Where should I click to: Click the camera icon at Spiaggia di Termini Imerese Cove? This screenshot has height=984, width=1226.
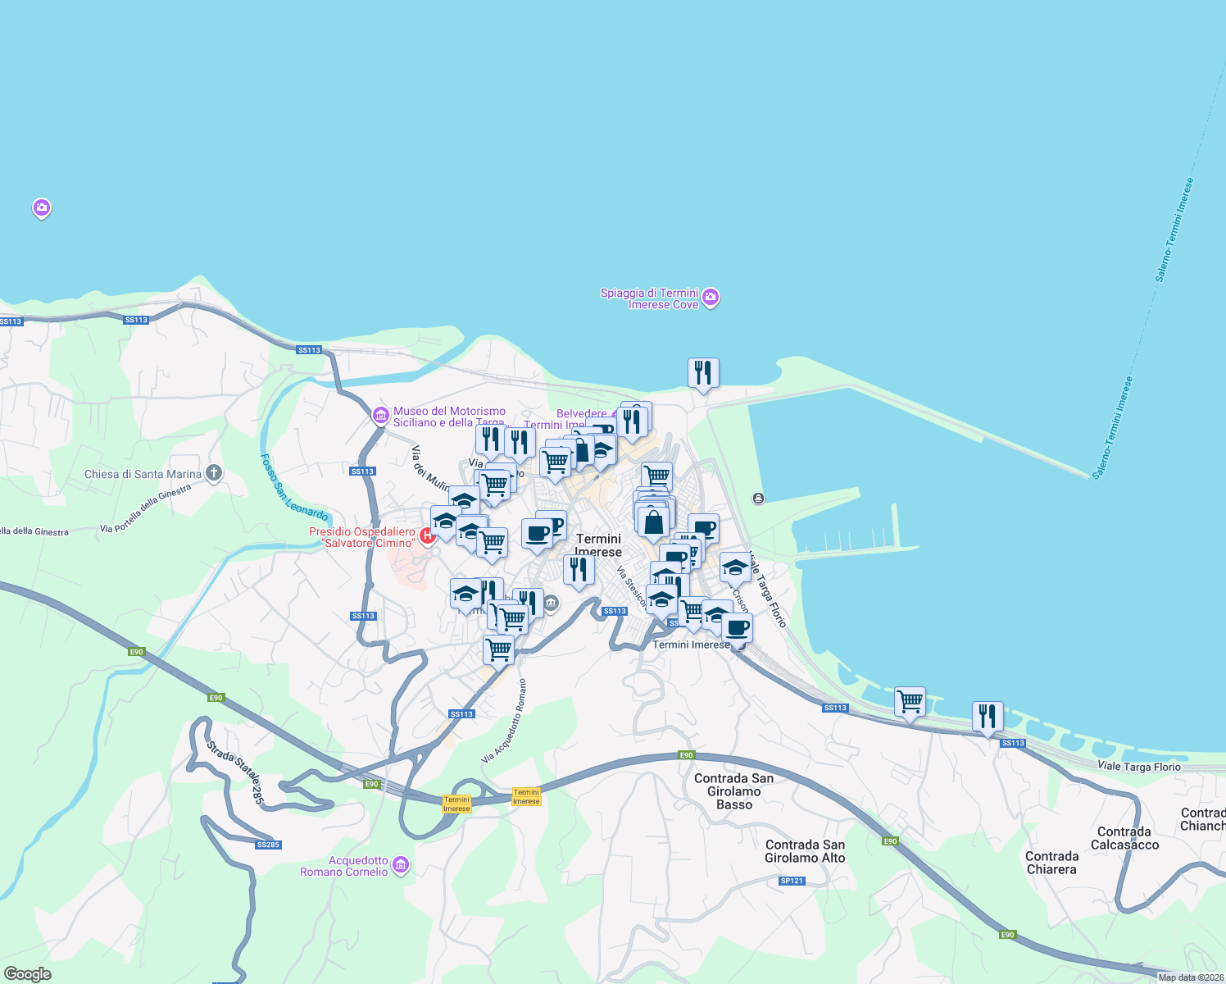[711, 298]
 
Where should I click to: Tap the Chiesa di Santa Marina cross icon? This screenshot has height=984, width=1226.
[214, 473]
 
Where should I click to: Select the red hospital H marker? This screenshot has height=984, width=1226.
[427, 536]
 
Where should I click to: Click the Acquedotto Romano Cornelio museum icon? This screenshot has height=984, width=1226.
[401, 865]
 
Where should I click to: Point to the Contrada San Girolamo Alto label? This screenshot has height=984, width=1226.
[805, 851]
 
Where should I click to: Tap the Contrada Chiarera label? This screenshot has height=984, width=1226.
[1051, 863]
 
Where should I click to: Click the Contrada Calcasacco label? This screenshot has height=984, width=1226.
[1124, 838]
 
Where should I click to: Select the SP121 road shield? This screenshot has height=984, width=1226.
[792, 881]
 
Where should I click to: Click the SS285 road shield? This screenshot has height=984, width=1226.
[268, 845]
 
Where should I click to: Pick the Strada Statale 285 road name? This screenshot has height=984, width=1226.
[236, 773]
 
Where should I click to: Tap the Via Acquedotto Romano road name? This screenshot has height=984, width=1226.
[505, 722]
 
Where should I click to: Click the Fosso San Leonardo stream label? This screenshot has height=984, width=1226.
[294, 488]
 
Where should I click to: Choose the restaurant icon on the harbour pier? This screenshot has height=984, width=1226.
[703, 373]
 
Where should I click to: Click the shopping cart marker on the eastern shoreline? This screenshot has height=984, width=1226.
[910, 702]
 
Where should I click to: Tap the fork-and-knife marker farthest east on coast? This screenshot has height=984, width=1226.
[988, 716]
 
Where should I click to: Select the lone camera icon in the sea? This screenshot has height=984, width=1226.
[42, 208]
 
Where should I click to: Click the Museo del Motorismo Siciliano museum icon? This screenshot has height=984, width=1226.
[380, 417]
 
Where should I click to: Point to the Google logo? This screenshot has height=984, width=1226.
[28, 974]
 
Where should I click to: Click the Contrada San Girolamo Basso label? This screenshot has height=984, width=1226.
[733, 791]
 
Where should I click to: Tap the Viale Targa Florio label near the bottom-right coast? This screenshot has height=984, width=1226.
[1138, 767]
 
